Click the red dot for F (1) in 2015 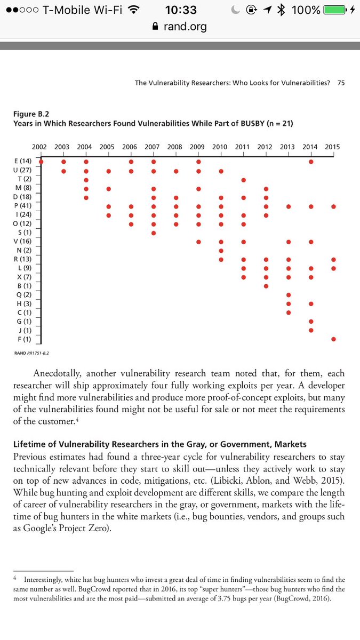[333, 339]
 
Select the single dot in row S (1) [154, 233]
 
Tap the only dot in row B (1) [266, 286]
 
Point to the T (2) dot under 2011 [243, 180]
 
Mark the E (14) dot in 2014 [311, 162]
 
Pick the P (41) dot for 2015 [333, 206]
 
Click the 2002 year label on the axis [39, 147]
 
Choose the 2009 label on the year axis [198, 147]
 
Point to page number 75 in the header [341, 83]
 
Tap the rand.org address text [185, 27]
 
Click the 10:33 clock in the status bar [181, 10]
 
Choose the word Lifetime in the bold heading [30, 444]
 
